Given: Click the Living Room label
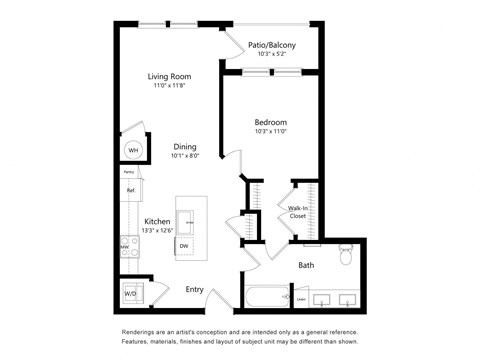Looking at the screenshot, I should (x=169, y=77).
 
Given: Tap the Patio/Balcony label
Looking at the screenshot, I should (x=271, y=44).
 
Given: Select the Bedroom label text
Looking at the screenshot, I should (x=270, y=122).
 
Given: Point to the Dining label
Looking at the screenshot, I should (x=184, y=146).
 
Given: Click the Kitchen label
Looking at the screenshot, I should (x=157, y=221).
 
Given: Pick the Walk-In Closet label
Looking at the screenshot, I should (x=298, y=211).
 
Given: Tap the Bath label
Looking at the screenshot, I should (x=306, y=265).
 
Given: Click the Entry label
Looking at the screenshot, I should (x=195, y=289).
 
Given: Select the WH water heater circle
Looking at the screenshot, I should (x=132, y=151).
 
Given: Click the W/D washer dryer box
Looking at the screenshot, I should (x=130, y=294).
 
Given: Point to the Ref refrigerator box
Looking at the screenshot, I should (x=130, y=190).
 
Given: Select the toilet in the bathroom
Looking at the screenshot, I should (x=345, y=257).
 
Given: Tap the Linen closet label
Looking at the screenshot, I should (x=301, y=298).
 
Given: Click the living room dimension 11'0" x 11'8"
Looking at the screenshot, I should (x=169, y=87).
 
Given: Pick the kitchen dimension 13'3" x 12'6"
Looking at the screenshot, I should (x=157, y=231).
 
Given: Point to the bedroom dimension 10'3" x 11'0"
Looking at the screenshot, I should (x=270, y=132).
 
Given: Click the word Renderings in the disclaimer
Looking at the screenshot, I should (x=141, y=332).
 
